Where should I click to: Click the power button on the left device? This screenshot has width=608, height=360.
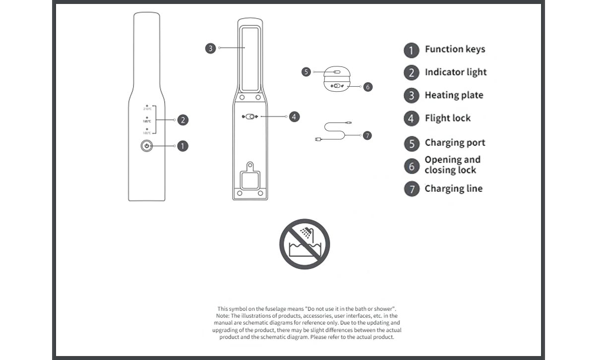147,146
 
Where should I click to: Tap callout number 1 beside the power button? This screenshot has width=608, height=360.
182,146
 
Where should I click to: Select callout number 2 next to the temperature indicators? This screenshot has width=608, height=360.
182,120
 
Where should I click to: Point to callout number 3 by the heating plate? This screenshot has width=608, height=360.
211,48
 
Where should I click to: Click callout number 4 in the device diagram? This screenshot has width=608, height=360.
294,117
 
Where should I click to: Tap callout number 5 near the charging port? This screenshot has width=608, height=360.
306,72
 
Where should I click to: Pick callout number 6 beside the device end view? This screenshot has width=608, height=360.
367,87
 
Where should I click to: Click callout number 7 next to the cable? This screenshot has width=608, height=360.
367,135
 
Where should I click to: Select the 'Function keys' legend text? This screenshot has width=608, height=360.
455,49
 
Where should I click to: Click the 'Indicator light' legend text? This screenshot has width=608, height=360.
455,72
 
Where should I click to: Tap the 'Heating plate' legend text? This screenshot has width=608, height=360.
454,95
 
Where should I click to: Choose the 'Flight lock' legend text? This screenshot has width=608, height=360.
447,119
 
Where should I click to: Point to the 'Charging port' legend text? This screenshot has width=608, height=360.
455,143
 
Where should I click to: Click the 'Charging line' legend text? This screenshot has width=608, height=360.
453,189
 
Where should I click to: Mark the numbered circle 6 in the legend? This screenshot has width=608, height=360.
412,166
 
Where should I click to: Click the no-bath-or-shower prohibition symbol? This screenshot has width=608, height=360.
304,244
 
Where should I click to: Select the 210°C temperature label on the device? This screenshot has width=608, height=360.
147,109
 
